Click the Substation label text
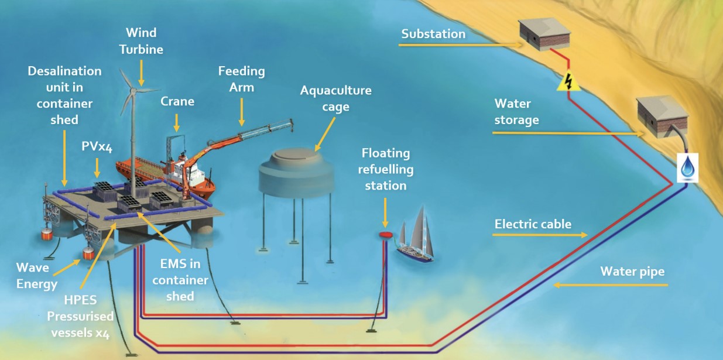pos(433,34)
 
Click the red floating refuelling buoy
pos(385,235)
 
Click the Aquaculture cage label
pos(335,99)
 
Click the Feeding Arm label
pos(241,79)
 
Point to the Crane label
pos(177,101)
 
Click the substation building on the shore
pos(542,35)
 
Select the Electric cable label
pos(533,224)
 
